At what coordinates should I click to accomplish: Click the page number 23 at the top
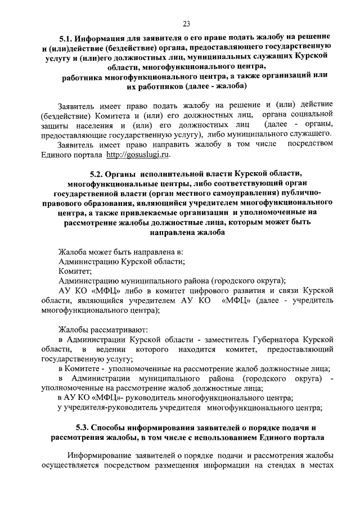186,23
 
